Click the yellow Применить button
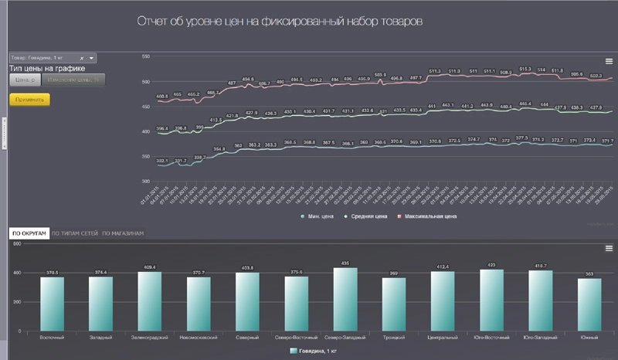pyautogui.click(x=29, y=100)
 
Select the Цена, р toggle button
pyautogui.click(x=23, y=80)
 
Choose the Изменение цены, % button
pyautogui.click(x=74, y=80)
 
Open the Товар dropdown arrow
pyautogui.click(x=92, y=58)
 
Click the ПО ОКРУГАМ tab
pyautogui.click(x=29, y=233)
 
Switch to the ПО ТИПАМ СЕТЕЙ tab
pyautogui.click(x=75, y=233)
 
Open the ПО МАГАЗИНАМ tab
pyautogui.click(x=123, y=233)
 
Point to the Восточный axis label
pyautogui.click(x=52, y=337)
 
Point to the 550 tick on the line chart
pyautogui.click(x=146, y=56)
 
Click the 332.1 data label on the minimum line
pyautogui.click(x=161, y=161)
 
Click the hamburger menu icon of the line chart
pyautogui.click(x=609, y=61)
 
